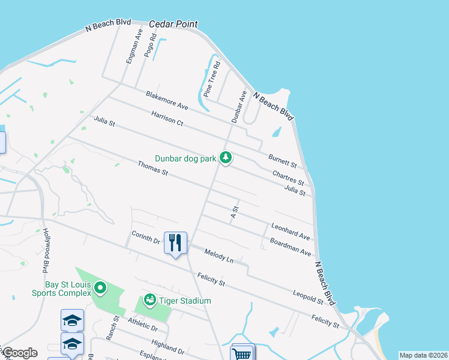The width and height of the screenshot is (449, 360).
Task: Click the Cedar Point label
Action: (x=173, y=24)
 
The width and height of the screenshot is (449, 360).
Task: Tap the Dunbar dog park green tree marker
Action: (x=226, y=158)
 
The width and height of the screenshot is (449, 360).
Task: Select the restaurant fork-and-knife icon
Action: (x=175, y=243)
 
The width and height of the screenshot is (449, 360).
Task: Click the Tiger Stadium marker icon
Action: (x=150, y=300)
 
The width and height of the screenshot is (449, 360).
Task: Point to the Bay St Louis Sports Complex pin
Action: (x=100, y=289)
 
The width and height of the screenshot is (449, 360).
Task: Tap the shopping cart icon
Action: (x=243, y=353)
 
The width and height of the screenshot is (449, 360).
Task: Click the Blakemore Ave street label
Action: (x=167, y=100)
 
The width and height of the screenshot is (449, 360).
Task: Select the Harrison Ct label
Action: (x=167, y=118)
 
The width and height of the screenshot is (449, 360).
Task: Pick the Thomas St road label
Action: (x=153, y=168)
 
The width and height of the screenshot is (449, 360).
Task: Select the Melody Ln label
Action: (x=218, y=256)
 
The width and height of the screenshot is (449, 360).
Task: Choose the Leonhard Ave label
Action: (x=291, y=232)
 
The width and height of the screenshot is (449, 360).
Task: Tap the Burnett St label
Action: (x=283, y=160)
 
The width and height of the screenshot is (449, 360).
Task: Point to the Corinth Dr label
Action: (x=146, y=238)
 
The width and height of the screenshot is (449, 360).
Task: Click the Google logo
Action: (x=19, y=353)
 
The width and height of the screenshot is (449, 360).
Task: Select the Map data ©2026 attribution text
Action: (x=424, y=355)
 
